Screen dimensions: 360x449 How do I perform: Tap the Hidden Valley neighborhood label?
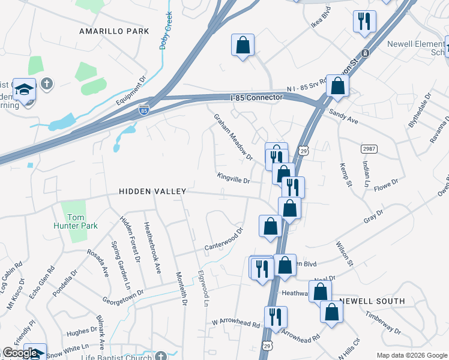[x=152, y=191]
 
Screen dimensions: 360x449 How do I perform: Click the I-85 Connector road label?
[x=256, y=97]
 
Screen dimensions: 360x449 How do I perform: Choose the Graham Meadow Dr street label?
[x=234, y=137]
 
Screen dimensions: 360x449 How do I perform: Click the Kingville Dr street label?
[x=234, y=179]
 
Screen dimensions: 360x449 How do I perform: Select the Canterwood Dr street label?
[x=223, y=239]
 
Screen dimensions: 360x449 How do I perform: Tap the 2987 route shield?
[x=369, y=148]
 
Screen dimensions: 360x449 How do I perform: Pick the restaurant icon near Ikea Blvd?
[x=364, y=22]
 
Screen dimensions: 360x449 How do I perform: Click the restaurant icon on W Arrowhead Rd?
[x=276, y=317]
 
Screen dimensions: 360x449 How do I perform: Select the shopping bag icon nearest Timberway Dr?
[x=331, y=311]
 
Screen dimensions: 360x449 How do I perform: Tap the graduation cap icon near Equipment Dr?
[x=25, y=89]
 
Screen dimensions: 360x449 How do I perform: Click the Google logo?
[x=21, y=353]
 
